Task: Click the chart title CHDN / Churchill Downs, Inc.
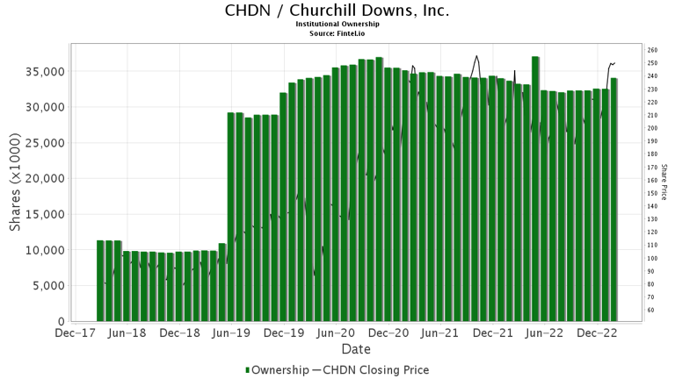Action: point(337,11)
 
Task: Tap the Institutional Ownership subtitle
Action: point(337,24)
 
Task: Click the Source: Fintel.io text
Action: point(337,32)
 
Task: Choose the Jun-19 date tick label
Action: point(232,333)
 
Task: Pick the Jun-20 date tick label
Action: point(337,333)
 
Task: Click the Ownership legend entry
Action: point(277,370)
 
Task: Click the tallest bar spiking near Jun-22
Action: point(535,189)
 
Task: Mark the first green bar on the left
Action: point(100,281)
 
